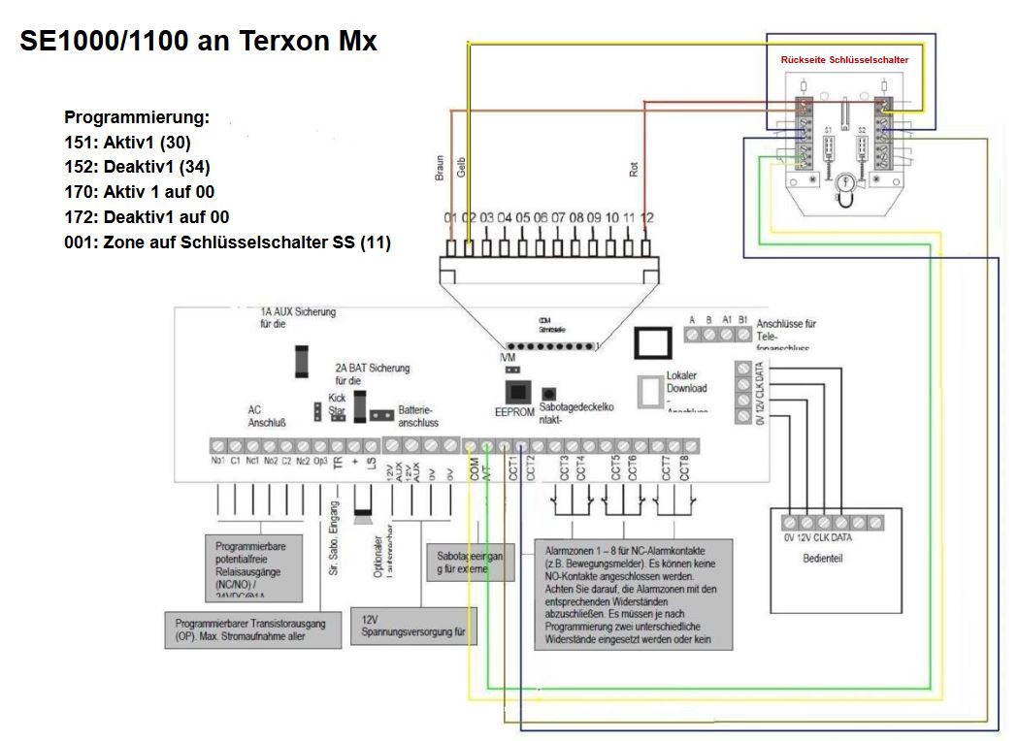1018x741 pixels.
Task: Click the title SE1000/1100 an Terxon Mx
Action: (198, 42)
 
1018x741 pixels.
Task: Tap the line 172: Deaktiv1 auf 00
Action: (147, 216)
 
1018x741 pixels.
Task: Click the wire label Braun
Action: (439, 168)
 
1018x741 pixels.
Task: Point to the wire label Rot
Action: (634, 169)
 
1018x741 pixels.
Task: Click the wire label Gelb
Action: (462, 168)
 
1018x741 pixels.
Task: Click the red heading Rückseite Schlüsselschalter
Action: (844, 60)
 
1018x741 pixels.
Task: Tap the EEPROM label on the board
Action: (513, 411)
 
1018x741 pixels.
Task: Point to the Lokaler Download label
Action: (687, 382)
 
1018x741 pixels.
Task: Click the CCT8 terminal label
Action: (683, 467)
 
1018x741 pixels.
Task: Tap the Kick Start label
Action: (337, 404)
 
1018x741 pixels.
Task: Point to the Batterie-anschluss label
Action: (418, 415)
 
